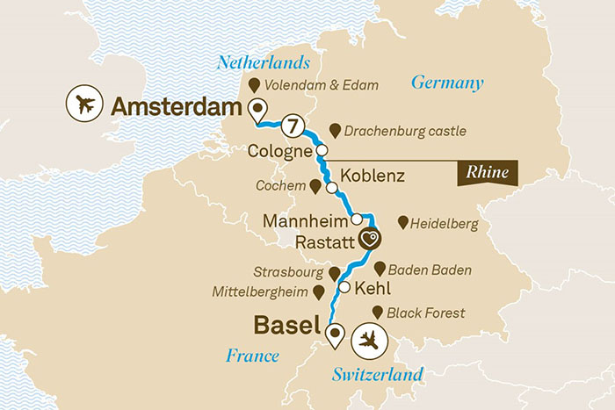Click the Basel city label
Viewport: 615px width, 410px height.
point(286,325)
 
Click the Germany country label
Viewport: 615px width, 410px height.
point(448,83)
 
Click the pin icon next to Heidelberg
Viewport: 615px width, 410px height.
point(403,223)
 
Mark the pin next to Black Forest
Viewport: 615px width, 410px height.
point(379,312)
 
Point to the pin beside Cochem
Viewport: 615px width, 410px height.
point(315,186)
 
